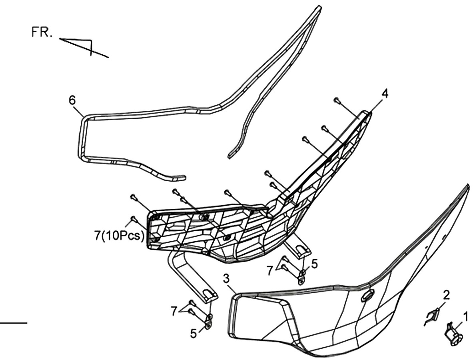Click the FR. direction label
pyautogui.click(x=42, y=32)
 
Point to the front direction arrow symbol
pyautogui.click(x=84, y=47)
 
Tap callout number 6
pyautogui.click(x=72, y=100)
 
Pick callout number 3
pyautogui.click(x=227, y=279)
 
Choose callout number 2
pyautogui.click(x=446, y=295)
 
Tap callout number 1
pyautogui.click(x=465, y=317)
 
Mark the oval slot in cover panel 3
pyautogui.click(x=368, y=295)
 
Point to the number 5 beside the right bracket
pyautogui.click(x=314, y=264)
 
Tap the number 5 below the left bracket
pyautogui.click(x=194, y=334)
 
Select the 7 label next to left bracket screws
pyautogui.click(x=174, y=312)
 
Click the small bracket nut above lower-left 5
pyautogui.click(x=208, y=321)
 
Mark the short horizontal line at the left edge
pyautogui.click(x=14, y=323)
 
